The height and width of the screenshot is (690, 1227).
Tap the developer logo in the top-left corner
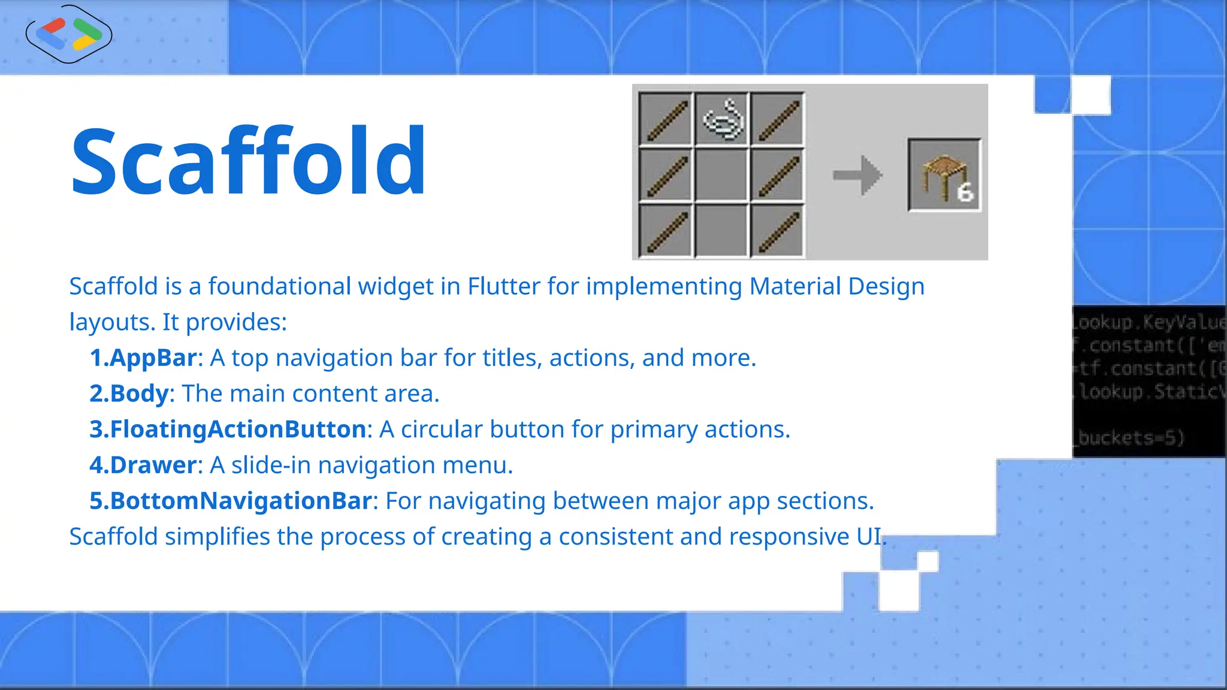click(x=69, y=34)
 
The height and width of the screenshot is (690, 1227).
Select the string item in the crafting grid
click(x=722, y=118)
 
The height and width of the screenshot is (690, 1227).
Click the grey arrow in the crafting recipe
click(x=857, y=175)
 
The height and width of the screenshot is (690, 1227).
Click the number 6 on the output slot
click(x=965, y=193)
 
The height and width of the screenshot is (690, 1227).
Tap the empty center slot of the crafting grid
click(x=722, y=175)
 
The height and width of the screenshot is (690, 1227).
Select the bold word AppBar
click(x=153, y=358)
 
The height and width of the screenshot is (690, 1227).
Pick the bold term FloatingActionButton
click(x=238, y=429)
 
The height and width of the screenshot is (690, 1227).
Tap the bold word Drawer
click(x=153, y=465)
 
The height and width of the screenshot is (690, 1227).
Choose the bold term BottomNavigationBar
click(x=241, y=501)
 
